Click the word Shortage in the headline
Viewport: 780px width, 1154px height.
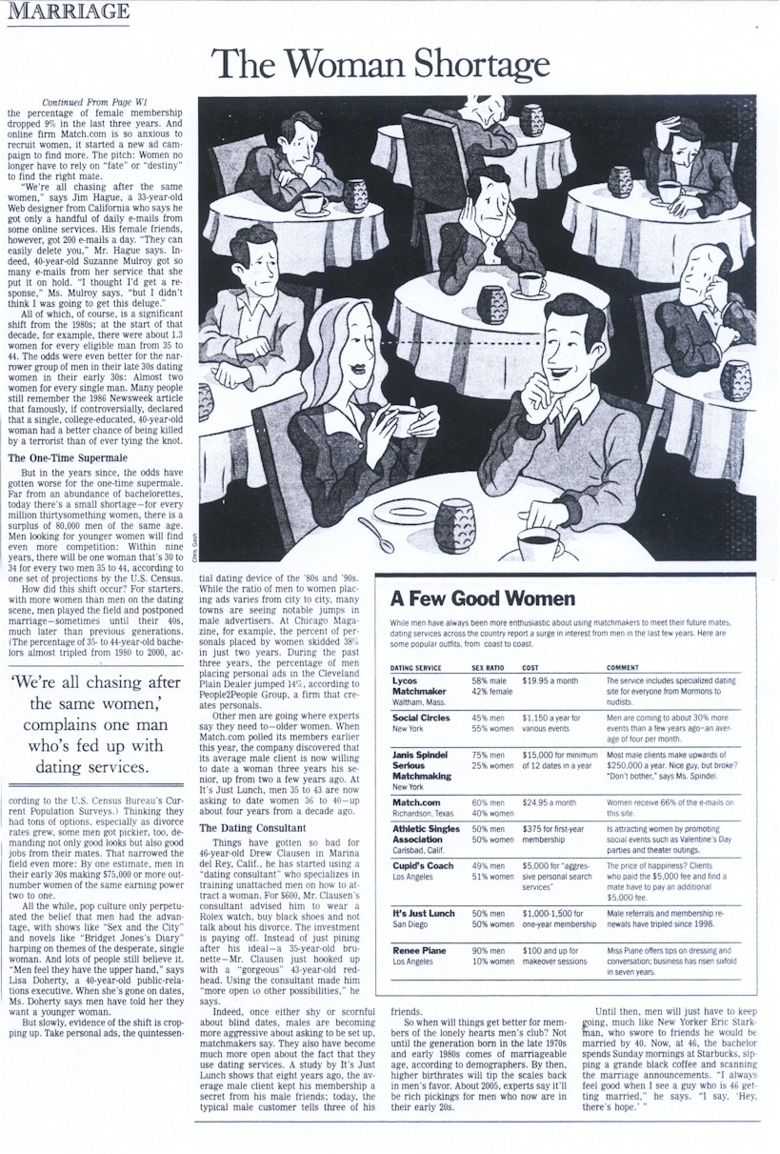click(x=460, y=64)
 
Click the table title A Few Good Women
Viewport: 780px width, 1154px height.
click(x=483, y=598)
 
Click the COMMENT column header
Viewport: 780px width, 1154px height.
click(x=622, y=668)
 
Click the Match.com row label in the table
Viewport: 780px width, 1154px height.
click(x=415, y=802)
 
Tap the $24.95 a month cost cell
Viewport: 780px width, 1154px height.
click(x=549, y=802)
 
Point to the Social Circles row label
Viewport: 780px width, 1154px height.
click(x=421, y=718)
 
